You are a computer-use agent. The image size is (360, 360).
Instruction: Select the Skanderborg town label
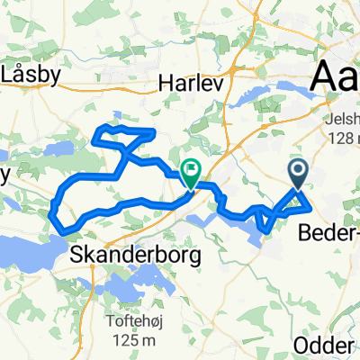click(x=134, y=256)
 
